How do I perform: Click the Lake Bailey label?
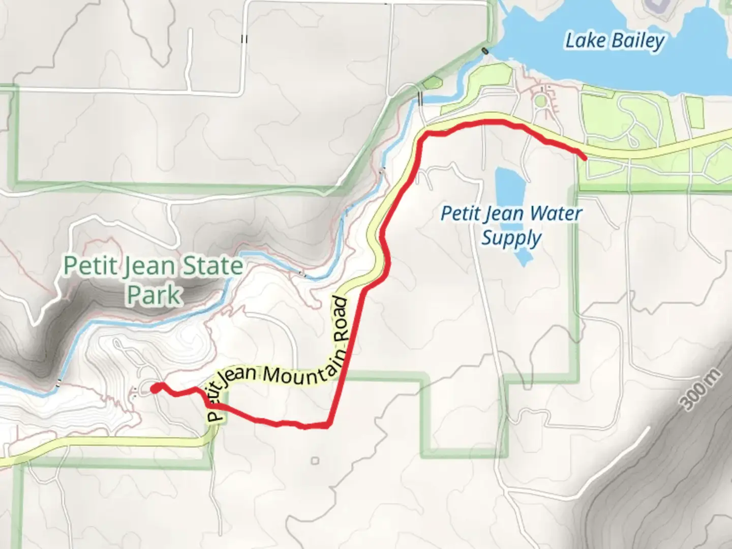click(615, 41)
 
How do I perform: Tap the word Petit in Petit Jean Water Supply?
click(460, 213)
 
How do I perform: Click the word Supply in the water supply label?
click(511, 238)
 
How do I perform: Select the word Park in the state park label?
click(154, 294)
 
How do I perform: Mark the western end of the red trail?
click(155, 389)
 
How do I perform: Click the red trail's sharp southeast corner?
click(329, 424)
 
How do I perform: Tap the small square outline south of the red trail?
click(315, 461)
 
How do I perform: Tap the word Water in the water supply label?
click(556, 213)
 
